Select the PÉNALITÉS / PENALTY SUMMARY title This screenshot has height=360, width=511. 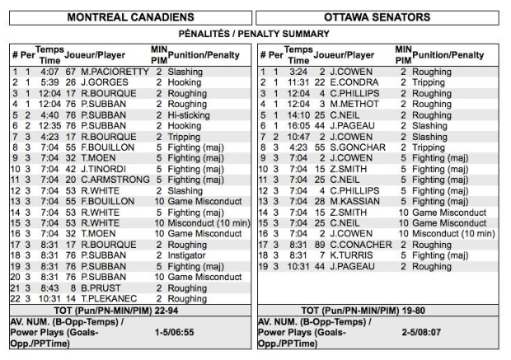click(255, 34)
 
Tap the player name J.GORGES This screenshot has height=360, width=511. click(101, 83)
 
